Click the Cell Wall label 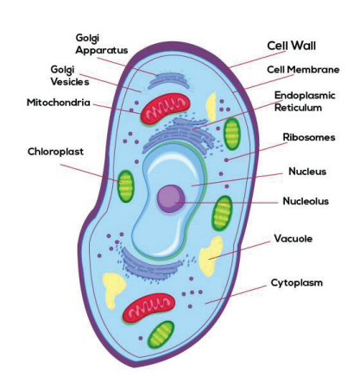pos(291,46)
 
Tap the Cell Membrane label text pos(303,70)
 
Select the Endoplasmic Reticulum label pos(305,102)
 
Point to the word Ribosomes pos(309,137)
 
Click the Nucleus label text pos(307,172)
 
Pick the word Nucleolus pos(306,201)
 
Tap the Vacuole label pos(293,238)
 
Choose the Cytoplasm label pos(297,283)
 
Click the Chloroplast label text pos(55,152)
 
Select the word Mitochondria pos(59,103)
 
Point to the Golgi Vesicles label pos(70,76)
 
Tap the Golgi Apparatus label pos(102,44)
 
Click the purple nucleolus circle pos(171,198)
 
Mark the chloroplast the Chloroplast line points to pos(126,186)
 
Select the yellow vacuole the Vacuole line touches pos(211,256)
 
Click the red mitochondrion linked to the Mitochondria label pos(165,109)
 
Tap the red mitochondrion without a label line pos(148,309)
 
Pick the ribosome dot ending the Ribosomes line pos(226,160)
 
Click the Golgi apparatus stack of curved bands pos(169,80)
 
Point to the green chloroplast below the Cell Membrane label pos(232,134)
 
